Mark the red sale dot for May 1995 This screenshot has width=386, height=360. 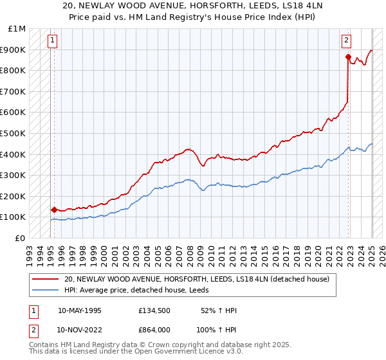(54, 210)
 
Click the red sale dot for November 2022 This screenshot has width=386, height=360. (348, 57)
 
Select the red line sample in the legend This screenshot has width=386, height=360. (46, 279)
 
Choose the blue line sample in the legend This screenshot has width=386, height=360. (46, 290)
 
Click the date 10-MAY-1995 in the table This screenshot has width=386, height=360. (80, 310)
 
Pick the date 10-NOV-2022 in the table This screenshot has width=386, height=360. (80, 329)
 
